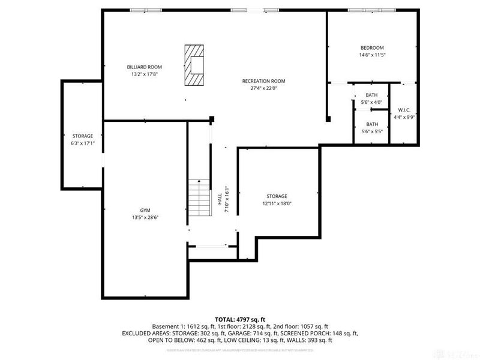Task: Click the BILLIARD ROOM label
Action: [x=144, y=67]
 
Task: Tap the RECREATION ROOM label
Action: [x=263, y=81]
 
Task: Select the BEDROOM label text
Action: [x=372, y=48]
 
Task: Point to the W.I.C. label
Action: [x=404, y=110]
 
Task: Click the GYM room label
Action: [x=145, y=210]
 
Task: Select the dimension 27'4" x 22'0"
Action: [x=263, y=88]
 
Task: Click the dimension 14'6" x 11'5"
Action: [x=372, y=55]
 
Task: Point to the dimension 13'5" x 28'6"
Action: [x=145, y=217]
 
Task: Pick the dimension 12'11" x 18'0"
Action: [x=277, y=203]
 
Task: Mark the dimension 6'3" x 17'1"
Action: [x=83, y=143]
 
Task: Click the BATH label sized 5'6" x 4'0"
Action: [x=371, y=95]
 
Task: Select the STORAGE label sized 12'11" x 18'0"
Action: [x=277, y=196]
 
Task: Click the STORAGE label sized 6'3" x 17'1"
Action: [x=83, y=136]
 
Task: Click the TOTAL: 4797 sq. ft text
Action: [x=239, y=319]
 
